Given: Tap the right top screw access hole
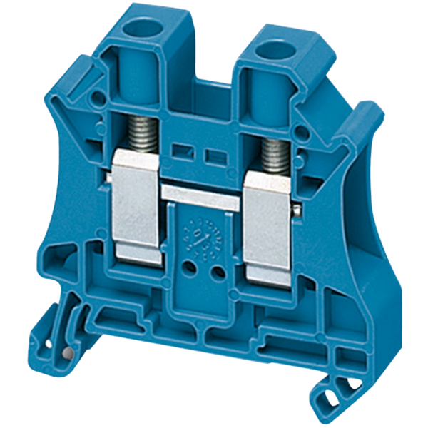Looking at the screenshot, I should click(272, 51).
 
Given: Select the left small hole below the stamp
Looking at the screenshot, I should click(190, 268).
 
